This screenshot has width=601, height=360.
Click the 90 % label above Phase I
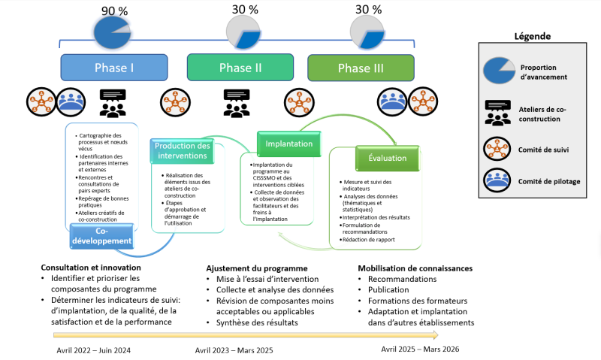[x=114, y=11]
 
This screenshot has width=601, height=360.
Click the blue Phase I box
[x=114, y=68]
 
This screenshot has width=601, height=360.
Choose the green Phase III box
[x=361, y=68]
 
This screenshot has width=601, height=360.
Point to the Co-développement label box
[x=103, y=236]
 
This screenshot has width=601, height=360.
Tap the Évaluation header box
[x=387, y=159]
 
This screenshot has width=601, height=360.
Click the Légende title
[x=532, y=36]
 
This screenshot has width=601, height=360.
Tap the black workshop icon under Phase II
[x=237, y=104]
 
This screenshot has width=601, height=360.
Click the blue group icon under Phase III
[x=391, y=99]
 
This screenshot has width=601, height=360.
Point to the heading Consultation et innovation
[x=91, y=268]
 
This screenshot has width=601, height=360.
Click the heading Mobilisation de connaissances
[x=414, y=268]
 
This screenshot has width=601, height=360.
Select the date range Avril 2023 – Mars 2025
[x=234, y=350]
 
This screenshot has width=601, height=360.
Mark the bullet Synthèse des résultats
[x=252, y=322]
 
